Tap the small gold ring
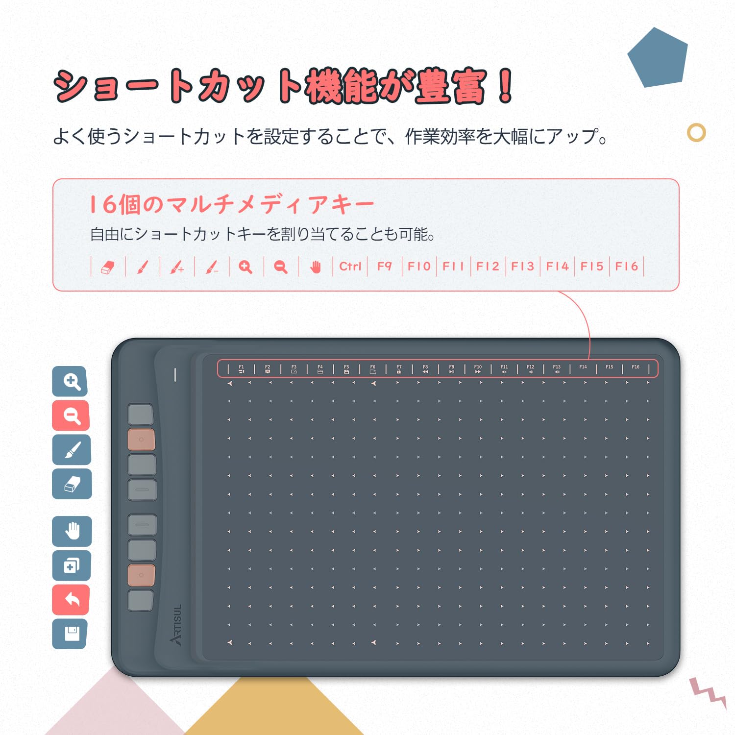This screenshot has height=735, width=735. click(696, 133)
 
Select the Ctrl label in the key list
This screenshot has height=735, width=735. click(350, 267)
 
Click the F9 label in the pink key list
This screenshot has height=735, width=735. click(385, 267)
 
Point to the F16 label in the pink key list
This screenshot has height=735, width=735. click(627, 267)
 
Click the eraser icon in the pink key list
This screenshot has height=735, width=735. click(108, 267)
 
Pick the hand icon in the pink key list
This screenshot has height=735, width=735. click(316, 267)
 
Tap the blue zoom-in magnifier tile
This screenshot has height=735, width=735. click(70, 381)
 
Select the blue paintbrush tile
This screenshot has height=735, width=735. click(72, 450)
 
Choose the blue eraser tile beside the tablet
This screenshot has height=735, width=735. click(72, 484)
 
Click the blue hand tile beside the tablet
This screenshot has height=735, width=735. click(72, 531)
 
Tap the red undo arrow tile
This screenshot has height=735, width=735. click(71, 599)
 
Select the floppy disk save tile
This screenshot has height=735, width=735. click(70, 634)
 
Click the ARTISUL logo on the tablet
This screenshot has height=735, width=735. click(176, 624)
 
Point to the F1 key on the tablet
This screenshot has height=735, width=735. click(241, 369)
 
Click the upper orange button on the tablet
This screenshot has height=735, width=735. click(141, 440)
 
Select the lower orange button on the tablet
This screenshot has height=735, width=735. click(141, 575)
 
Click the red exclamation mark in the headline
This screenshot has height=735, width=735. click(505, 87)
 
